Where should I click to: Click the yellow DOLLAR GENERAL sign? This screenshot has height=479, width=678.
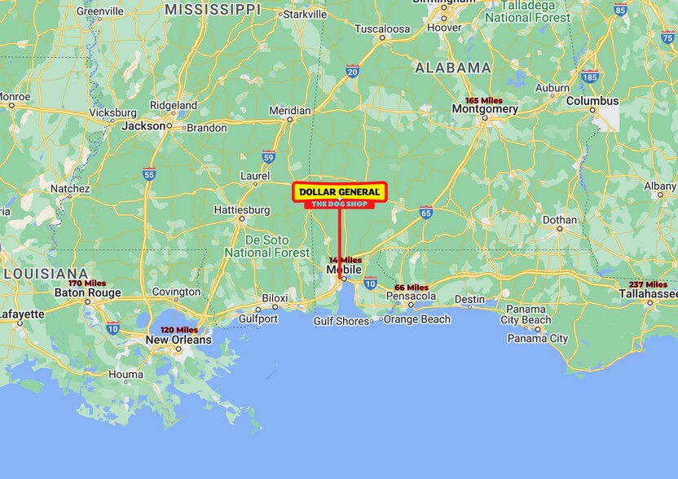(x=339, y=191)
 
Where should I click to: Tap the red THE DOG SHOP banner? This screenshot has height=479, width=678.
(x=339, y=204)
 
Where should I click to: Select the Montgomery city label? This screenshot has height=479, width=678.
(x=485, y=109)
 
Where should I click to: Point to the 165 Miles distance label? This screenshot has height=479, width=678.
(x=484, y=99)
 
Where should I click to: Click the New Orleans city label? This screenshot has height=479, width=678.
(x=178, y=340)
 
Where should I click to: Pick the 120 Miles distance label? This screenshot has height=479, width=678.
(x=179, y=330)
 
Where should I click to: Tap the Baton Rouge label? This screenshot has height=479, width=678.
(x=87, y=292)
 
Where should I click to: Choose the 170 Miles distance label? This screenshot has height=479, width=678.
(x=87, y=283)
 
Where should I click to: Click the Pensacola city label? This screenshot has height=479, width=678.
(x=411, y=297)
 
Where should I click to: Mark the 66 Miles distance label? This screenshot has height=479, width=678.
(x=412, y=288)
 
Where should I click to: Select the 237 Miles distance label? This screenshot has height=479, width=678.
(x=647, y=283)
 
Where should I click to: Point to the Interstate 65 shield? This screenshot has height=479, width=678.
(x=426, y=212)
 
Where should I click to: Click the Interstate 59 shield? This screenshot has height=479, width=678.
(x=268, y=157)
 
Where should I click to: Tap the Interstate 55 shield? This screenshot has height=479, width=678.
(x=148, y=174)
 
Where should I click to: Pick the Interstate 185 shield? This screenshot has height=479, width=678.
(x=590, y=77)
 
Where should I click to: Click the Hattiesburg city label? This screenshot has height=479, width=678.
(x=241, y=209)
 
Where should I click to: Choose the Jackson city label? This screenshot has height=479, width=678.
(x=143, y=126)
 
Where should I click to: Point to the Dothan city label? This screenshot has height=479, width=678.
(x=560, y=220)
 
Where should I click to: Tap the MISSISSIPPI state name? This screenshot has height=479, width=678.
(x=212, y=9)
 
